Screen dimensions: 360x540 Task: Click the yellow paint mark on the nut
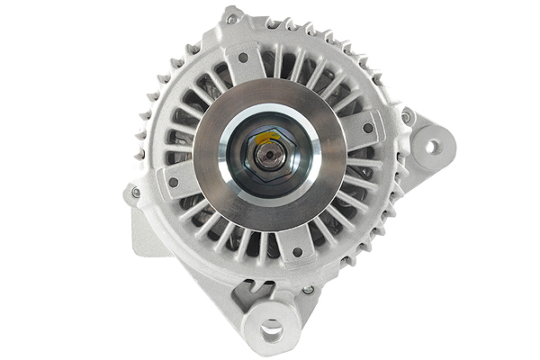(x=257, y=138)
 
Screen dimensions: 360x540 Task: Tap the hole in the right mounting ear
(x=433, y=146)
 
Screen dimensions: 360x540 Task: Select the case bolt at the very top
(x=233, y=18)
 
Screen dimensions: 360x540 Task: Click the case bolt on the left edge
(x=136, y=192)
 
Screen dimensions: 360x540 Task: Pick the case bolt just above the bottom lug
(x=307, y=290)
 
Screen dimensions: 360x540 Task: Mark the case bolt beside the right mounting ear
(x=406, y=116)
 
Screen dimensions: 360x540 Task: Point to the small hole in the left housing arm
(x=172, y=181)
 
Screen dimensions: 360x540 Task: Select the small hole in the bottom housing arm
(x=297, y=253)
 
